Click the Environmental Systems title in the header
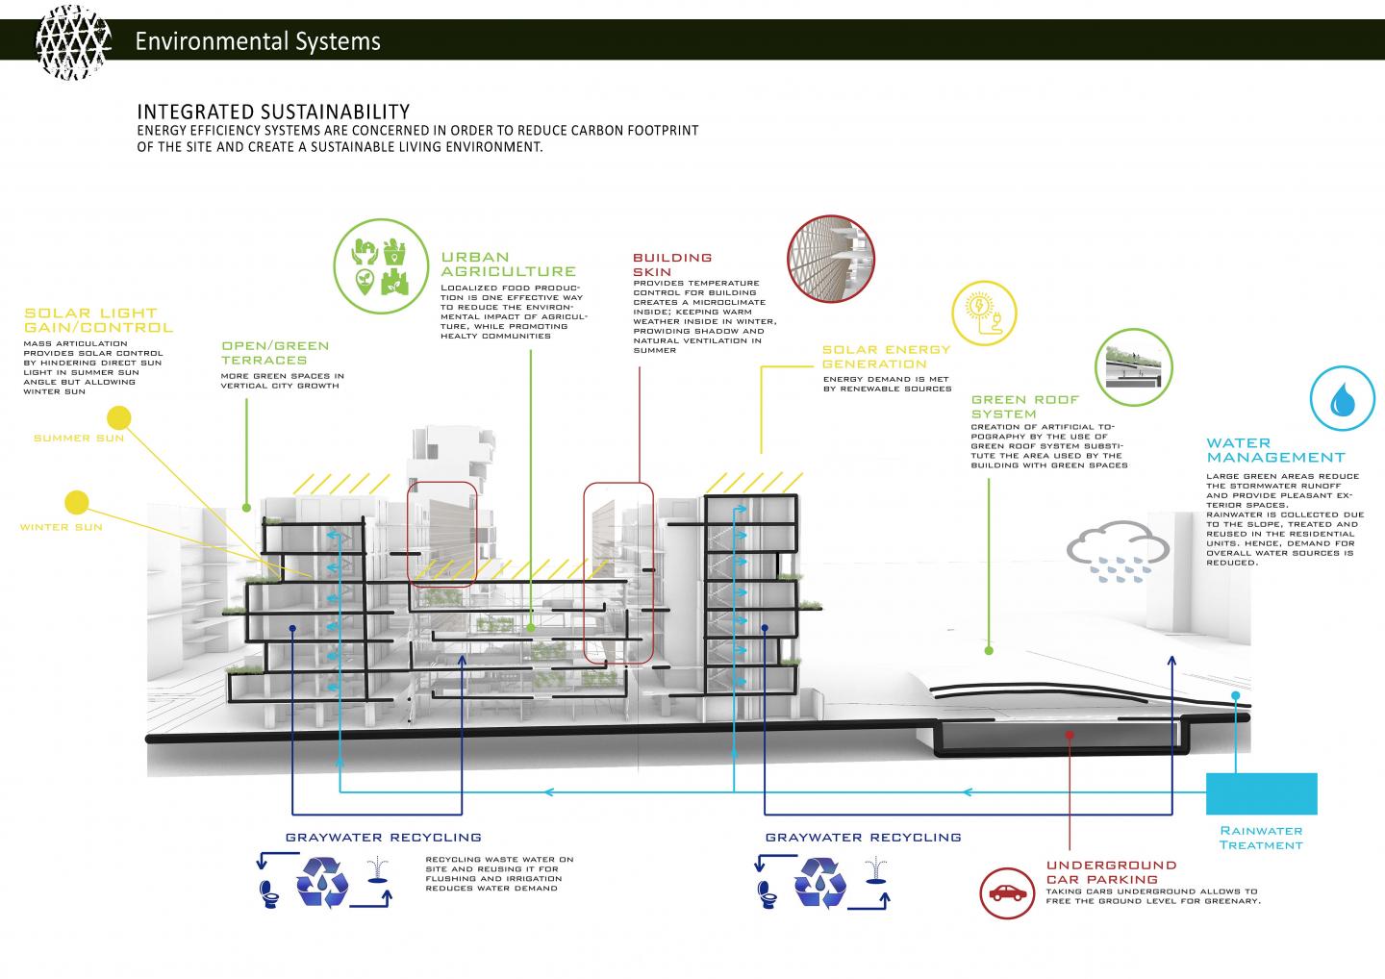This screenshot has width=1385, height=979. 258,41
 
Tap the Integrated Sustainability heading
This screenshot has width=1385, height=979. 273,112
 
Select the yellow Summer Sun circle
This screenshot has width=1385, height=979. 118,417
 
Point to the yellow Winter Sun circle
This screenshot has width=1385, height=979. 76,502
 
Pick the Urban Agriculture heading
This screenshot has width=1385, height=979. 509,264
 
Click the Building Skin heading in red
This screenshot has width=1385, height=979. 672,264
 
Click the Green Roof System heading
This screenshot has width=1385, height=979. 1025,407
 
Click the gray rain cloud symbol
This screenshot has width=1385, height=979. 1118,552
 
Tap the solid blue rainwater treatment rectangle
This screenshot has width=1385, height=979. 1261,793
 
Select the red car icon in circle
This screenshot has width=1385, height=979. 1006,893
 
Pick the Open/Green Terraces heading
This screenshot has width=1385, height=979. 275,352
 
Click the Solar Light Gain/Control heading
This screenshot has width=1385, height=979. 98,320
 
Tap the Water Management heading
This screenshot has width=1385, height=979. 1275,450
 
